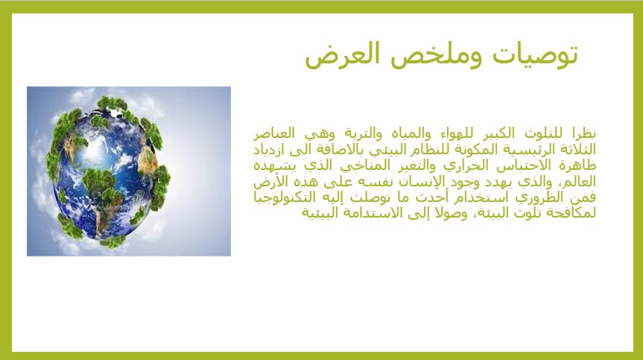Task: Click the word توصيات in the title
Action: click(535, 55)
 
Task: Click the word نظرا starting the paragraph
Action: click(584, 133)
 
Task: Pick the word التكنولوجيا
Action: click(286, 198)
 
